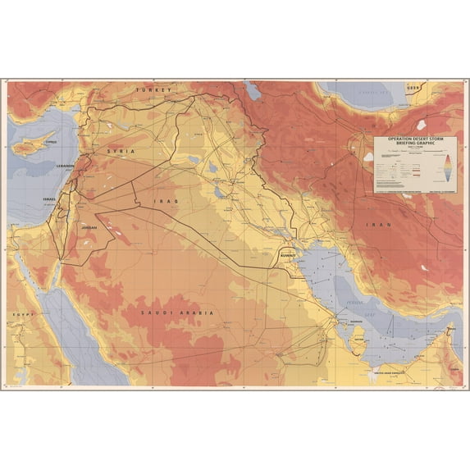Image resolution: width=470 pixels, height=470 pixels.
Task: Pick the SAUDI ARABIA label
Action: click(176, 313)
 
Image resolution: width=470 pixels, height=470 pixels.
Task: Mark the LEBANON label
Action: click(65, 166)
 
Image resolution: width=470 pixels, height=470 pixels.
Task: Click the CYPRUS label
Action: click(52, 141)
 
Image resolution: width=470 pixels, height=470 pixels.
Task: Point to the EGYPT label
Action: click(17, 314)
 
